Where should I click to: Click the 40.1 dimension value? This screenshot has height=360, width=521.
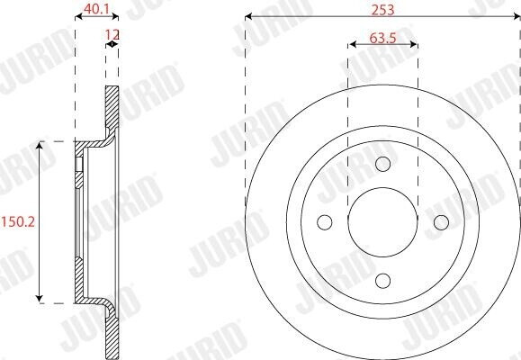point(96,9)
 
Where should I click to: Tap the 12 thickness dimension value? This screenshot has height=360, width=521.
point(112,34)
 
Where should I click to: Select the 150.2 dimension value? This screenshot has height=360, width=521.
point(18,221)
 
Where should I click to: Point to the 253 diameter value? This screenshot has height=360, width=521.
point(382,10)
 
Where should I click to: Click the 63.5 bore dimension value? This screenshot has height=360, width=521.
point(382,39)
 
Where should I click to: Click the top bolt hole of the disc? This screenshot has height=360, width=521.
point(382,164)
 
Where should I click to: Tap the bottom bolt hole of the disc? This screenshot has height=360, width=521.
point(382,281)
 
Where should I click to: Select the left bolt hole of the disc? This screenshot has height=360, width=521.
point(324,222)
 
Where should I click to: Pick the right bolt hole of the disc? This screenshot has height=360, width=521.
point(441,222)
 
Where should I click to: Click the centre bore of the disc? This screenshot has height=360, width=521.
point(382,222)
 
